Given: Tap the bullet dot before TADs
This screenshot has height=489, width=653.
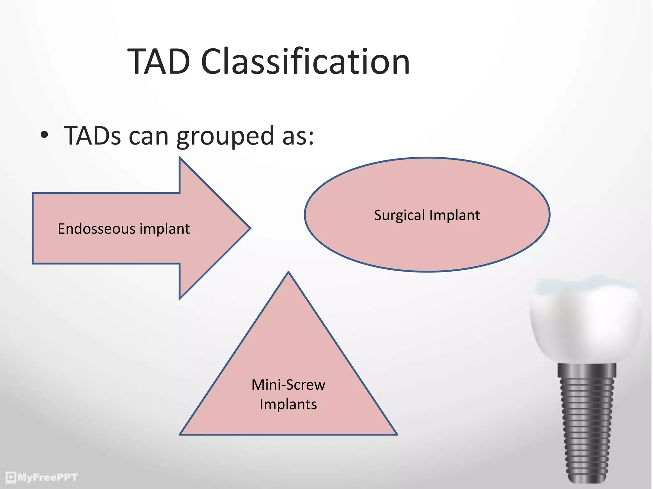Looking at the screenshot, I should (44, 135).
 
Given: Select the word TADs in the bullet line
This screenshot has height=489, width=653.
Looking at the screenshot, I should (92, 136).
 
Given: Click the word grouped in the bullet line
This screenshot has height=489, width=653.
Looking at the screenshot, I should (225, 136).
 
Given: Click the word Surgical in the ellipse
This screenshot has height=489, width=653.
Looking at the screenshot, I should (399, 215).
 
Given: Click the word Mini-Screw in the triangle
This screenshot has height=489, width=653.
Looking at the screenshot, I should (288, 385).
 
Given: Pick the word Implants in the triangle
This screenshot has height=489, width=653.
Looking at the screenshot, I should (288, 404).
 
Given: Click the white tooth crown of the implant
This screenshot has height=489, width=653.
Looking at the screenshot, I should (585, 322).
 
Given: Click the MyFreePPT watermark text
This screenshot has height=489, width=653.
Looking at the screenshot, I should (48, 477).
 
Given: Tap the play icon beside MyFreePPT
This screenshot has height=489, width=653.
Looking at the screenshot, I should (11, 477).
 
